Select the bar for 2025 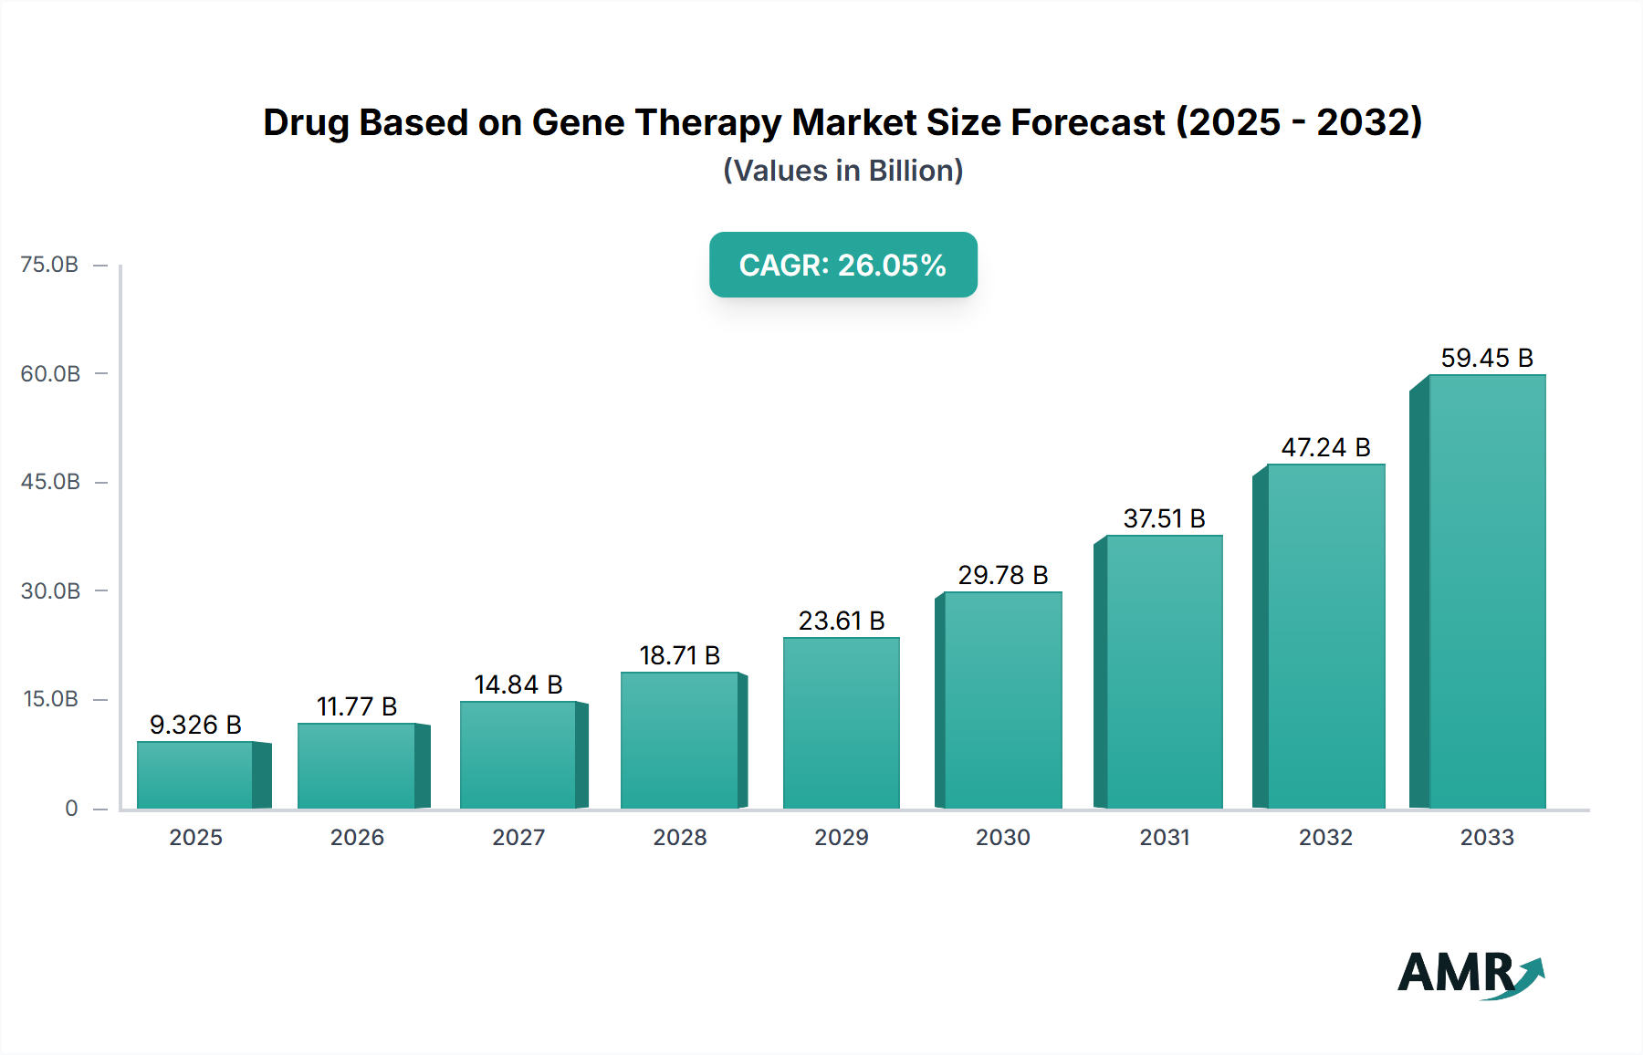coord(195,775)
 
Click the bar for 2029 coord(841,723)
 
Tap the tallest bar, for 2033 coord(1486,591)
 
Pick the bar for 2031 coord(1164,672)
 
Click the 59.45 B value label coord(1486,358)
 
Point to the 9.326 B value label coord(195,725)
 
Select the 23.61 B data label coord(841,621)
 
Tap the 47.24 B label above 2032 coord(1325,447)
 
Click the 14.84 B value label coord(518,684)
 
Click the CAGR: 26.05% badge coord(842,265)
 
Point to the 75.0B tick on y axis coord(49,265)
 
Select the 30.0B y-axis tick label coord(50,590)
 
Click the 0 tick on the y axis coord(71,808)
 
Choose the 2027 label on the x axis coord(518,837)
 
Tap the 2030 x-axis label coord(1002,837)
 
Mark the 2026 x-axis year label coord(357,837)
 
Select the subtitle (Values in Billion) coord(842,171)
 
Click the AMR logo coord(1470,973)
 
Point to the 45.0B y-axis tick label coord(50,482)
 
